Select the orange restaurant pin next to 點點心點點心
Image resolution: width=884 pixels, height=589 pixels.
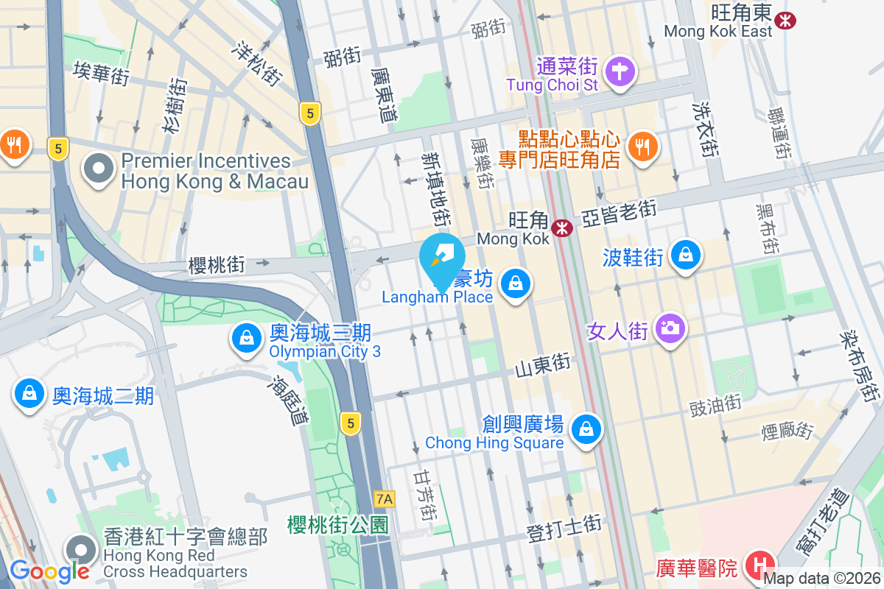(643, 147)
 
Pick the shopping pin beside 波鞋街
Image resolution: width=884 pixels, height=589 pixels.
(686, 255)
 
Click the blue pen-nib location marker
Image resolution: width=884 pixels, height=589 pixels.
(441, 255)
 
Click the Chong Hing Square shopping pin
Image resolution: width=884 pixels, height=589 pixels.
(586, 428)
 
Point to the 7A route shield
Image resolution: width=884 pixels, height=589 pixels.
(385, 499)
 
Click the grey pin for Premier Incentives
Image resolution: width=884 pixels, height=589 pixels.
(99, 170)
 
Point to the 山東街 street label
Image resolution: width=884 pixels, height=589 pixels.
(543, 364)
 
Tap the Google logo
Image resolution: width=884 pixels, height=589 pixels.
(50, 571)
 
